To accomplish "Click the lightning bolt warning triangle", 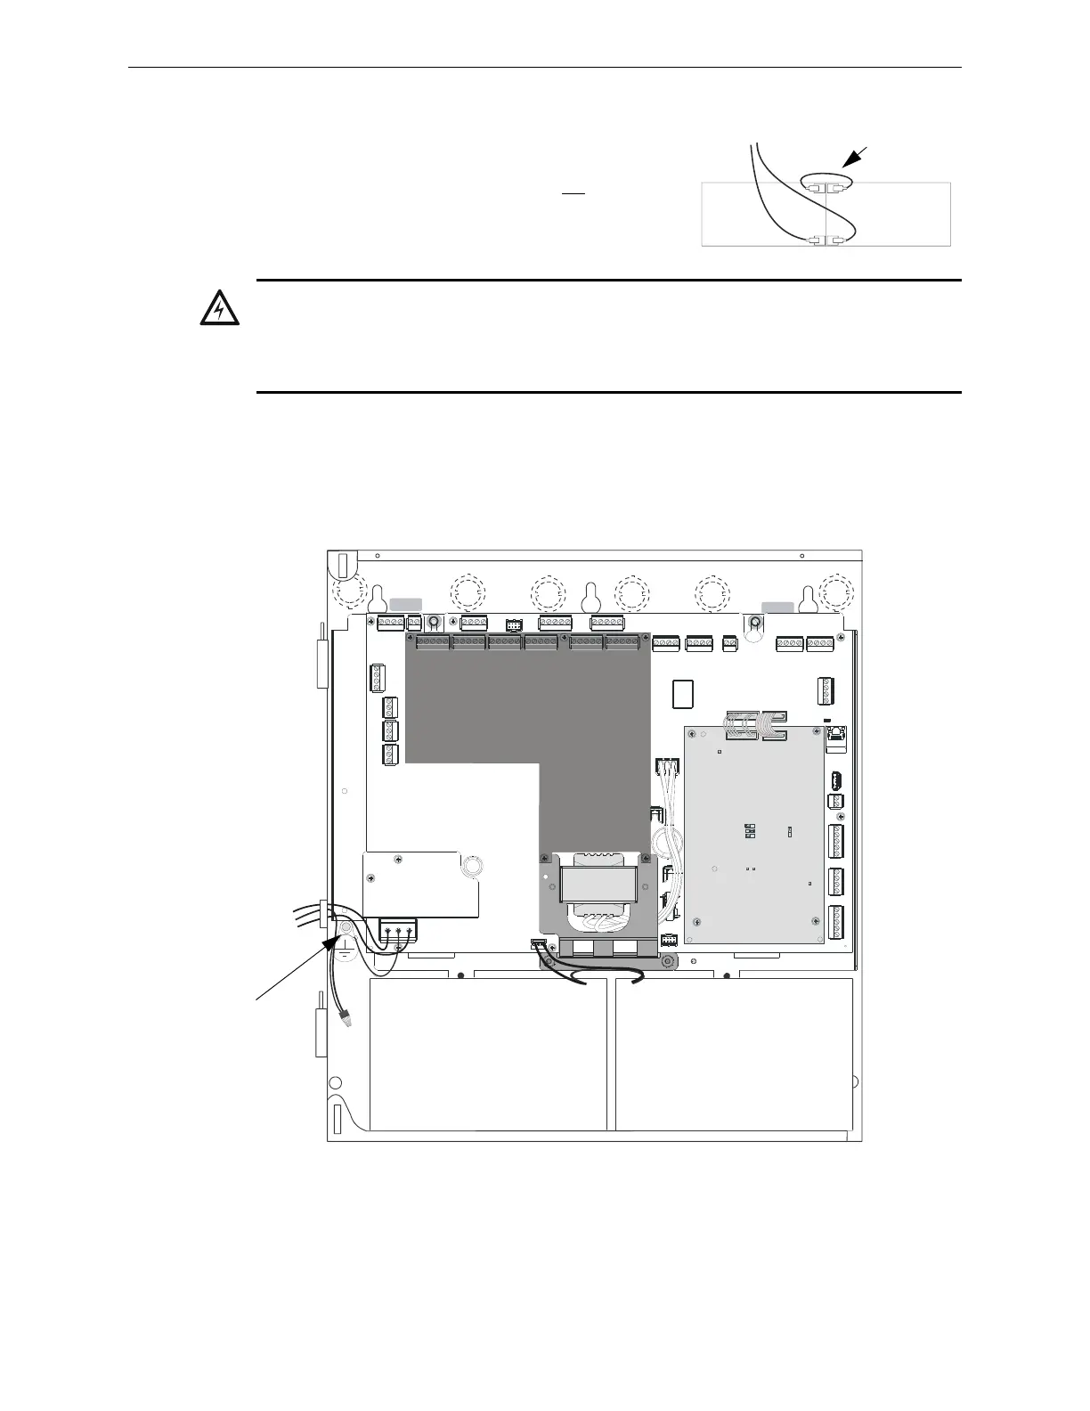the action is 217,309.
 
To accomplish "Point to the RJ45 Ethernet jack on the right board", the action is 836,735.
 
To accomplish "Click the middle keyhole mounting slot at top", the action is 589,595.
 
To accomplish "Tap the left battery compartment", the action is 487,1055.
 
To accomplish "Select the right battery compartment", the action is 734,1055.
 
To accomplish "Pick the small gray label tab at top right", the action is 777,607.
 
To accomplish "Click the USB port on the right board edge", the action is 836,780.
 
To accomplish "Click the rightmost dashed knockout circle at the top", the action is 836,591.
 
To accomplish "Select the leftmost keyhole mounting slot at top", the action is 377,595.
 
